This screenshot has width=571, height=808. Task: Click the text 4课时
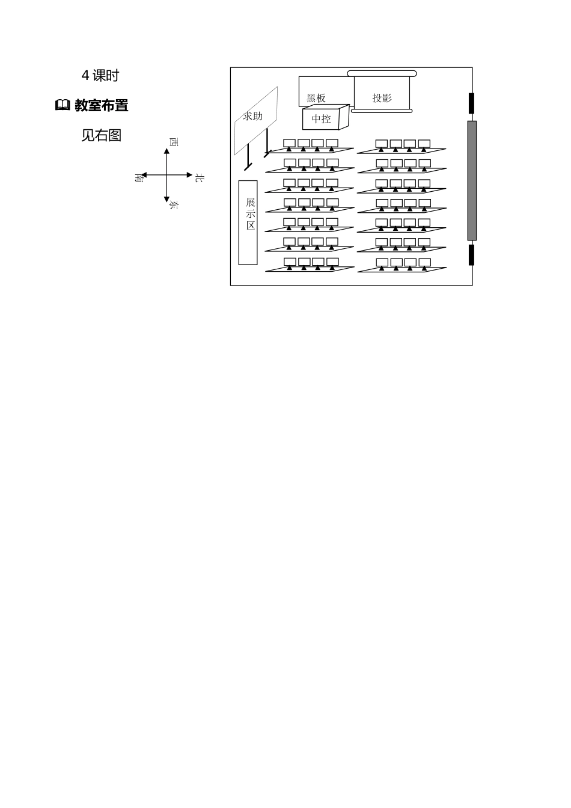coord(100,76)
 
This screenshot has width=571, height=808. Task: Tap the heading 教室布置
coord(102,106)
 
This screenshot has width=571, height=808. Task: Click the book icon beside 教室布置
coord(63,106)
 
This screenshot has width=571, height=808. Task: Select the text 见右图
coord(102,136)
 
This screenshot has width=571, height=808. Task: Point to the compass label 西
coord(174,142)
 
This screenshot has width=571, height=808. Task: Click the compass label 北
coord(200,177)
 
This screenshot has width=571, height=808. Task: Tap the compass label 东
coord(174,206)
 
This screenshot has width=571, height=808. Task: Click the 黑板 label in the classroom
coord(316,98)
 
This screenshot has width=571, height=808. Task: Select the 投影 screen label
coord(382,97)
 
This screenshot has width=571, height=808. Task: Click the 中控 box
coord(322,118)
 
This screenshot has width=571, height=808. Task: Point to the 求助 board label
coord(253,116)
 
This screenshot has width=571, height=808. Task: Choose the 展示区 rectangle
coord(248,222)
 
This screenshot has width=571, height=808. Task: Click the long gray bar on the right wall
coord(472,180)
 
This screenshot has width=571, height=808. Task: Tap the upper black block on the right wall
coord(472,103)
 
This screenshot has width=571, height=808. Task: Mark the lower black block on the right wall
coord(472,254)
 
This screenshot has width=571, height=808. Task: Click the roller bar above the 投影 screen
coord(382,73)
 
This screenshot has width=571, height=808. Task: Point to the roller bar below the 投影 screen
coord(382,110)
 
